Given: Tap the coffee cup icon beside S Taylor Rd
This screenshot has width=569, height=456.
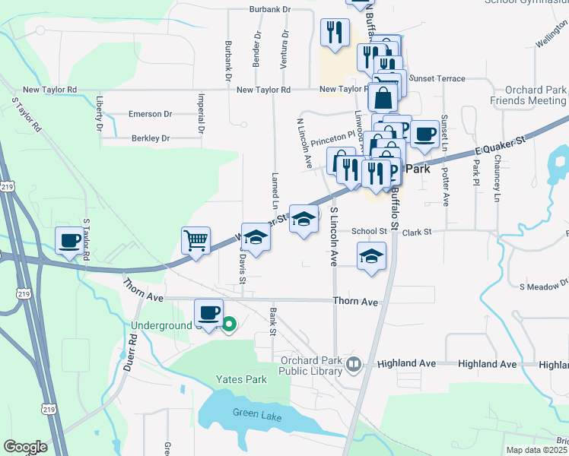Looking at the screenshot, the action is point(71,241).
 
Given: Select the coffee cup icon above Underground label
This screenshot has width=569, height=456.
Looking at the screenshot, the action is point(209,312).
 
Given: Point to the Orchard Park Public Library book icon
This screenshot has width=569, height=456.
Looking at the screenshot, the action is point(353,365).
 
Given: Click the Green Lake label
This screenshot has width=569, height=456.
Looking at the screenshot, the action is point(256,417).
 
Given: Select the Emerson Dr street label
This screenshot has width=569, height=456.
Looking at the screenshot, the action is point(150,114).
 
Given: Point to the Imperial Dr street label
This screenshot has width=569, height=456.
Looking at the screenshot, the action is point(202,112).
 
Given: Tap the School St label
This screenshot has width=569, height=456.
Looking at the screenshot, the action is point(370,231).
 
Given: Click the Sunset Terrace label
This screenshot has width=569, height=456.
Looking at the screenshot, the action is point(437,78).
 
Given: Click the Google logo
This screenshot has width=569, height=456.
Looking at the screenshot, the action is point(25,447).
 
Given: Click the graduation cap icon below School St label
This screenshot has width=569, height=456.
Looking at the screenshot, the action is point(371,256).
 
